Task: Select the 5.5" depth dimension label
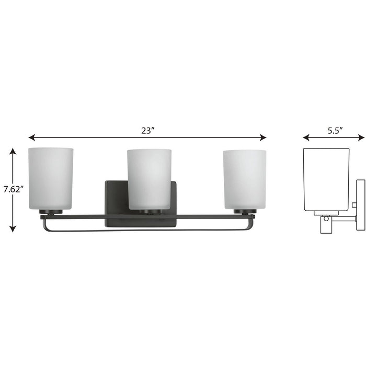click(334, 131)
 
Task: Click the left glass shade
click(51, 178)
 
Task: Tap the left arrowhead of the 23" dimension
click(31, 138)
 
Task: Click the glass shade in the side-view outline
click(326, 178)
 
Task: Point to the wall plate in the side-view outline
click(360, 204)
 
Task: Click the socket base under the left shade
click(51, 212)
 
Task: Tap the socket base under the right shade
click(245, 212)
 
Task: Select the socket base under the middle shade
click(149, 212)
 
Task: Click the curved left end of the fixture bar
click(43, 224)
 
